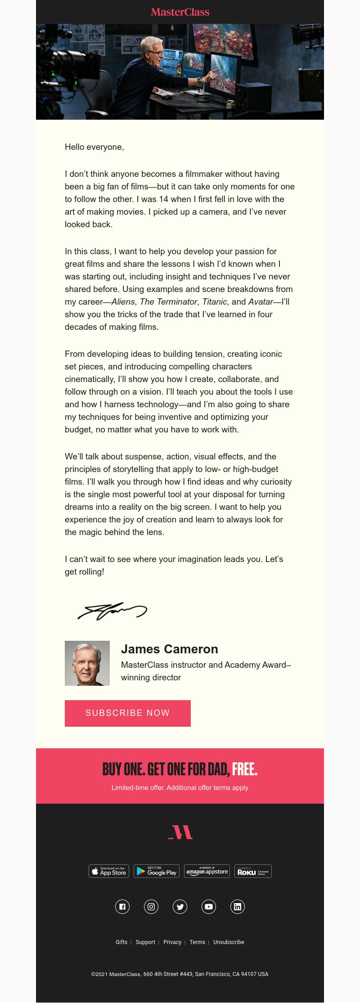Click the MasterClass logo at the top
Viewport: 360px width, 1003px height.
(x=180, y=12)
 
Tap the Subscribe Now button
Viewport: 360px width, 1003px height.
(x=128, y=713)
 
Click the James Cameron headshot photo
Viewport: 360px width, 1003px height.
(x=87, y=663)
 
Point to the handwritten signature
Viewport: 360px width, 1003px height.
(x=112, y=611)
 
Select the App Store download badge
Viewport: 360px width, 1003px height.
(x=109, y=871)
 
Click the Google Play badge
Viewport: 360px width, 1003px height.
(x=157, y=871)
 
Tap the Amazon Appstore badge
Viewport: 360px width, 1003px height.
(x=207, y=871)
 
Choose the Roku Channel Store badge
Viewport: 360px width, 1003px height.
(x=253, y=871)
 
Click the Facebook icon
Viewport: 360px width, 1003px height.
(x=122, y=907)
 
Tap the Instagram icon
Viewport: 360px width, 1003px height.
(x=151, y=907)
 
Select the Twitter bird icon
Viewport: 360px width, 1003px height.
(x=180, y=907)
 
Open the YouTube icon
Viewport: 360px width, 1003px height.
(x=209, y=907)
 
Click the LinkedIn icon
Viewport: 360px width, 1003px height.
(x=238, y=907)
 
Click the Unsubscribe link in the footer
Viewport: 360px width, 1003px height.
(x=229, y=942)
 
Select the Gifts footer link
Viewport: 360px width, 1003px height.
(x=121, y=942)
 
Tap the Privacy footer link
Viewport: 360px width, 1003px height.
(x=172, y=942)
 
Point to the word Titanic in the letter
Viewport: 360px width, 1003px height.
(x=215, y=302)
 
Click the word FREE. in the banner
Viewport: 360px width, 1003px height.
(x=245, y=769)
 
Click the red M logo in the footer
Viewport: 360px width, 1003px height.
(x=180, y=832)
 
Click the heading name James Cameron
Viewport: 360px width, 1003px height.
(x=170, y=649)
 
